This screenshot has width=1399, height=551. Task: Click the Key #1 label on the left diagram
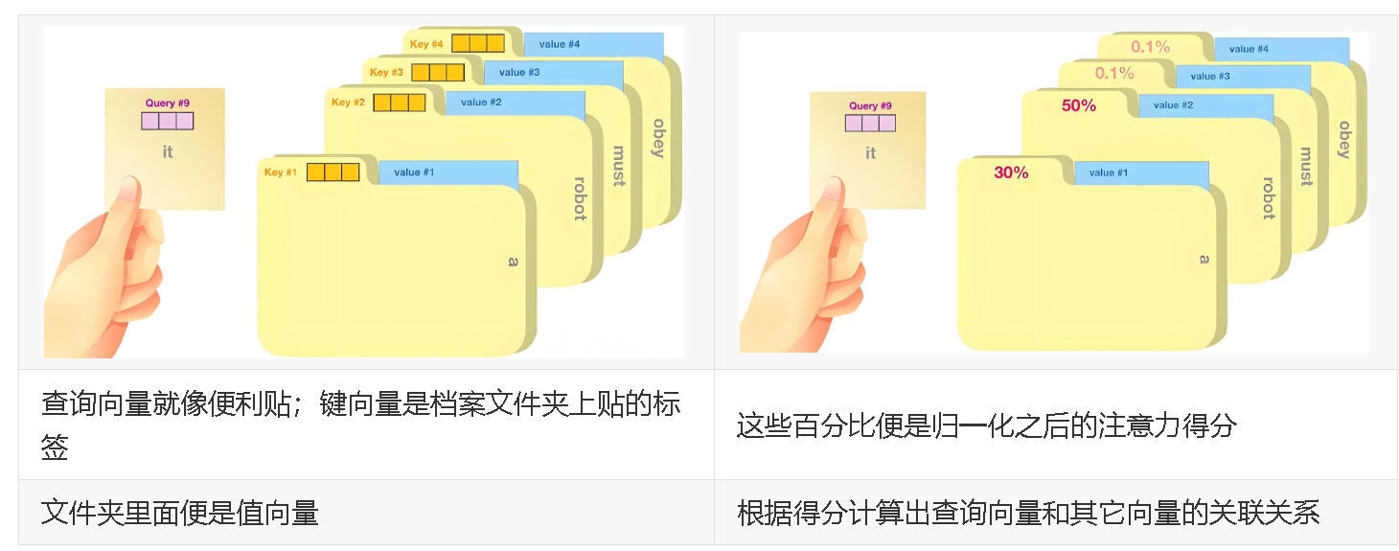[x=281, y=172]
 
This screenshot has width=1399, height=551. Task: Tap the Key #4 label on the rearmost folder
[x=426, y=44]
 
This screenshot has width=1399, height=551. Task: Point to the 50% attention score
[x=1078, y=106]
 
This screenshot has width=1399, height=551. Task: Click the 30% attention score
[x=1011, y=173]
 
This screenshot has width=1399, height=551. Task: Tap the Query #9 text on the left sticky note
[x=167, y=103]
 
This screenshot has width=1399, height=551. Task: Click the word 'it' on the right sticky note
[x=870, y=153]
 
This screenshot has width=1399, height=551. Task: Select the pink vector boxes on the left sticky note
[x=168, y=121]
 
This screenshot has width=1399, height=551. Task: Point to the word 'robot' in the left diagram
[x=580, y=198]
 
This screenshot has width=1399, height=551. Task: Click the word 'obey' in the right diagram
[x=1343, y=139]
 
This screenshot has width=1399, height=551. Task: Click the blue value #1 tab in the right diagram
[x=1140, y=173]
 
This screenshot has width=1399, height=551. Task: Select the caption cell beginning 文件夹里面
[x=179, y=513]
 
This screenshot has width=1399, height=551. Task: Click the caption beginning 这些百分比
[x=986, y=425]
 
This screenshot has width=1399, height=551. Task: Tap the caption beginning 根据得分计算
[x=1027, y=513]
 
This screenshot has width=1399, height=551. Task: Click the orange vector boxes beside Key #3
[x=438, y=73]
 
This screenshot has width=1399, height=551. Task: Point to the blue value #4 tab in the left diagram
[x=593, y=45]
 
